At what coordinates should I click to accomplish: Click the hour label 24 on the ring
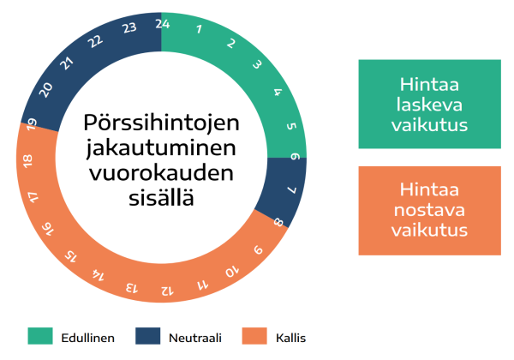pos(163,24)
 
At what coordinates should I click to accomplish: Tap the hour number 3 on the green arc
pos(257,64)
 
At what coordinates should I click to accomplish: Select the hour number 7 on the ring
pos(292,189)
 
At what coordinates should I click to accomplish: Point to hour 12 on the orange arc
pos(167,291)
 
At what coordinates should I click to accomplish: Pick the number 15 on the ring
pos(70,256)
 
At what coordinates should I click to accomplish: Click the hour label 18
pos(28,161)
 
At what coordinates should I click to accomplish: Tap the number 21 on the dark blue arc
pos(67,63)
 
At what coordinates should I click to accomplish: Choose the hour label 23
pos(129,28)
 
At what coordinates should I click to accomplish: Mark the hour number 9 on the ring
pos(259,249)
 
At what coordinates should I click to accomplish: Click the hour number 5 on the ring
pos(291,126)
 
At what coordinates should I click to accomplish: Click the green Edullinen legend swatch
pos(40,336)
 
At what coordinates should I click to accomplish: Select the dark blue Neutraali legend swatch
pos(148,336)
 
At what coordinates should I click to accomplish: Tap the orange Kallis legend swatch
pos(254,336)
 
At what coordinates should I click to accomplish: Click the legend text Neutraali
pos(195,338)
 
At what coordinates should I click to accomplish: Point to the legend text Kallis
pos(290,338)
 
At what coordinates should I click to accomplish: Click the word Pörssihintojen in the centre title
pos(161,123)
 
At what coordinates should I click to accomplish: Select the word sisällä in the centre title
pos(161,197)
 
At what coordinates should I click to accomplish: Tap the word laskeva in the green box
pos(429,105)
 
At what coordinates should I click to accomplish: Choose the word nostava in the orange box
pos(429,210)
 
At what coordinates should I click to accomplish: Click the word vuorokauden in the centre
pos(161,173)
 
